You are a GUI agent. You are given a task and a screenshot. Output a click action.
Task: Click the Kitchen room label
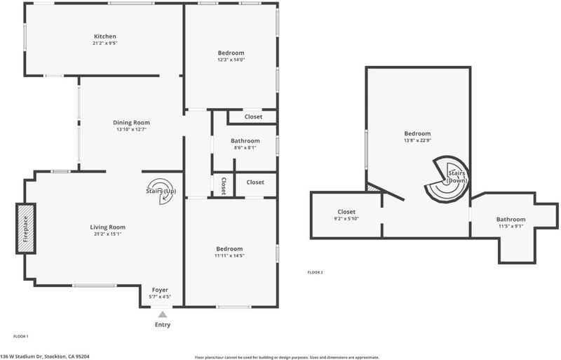[x=104, y=36]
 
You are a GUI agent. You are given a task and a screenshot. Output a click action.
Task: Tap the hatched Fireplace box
[x=26, y=229]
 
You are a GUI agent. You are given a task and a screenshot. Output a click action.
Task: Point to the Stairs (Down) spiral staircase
[x=447, y=178]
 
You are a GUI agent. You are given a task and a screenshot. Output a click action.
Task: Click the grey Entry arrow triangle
[x=163, y=314]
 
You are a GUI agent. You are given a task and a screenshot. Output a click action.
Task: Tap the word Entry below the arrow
[x=163, y=325]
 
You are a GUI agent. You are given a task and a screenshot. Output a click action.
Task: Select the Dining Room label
[x=131, y=123]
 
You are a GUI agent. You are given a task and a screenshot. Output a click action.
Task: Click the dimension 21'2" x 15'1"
[x=108, y=234]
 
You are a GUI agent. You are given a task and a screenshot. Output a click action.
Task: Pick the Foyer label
[x=160, y=290]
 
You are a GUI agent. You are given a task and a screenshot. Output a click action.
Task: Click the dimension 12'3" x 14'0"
[x=231, y=60]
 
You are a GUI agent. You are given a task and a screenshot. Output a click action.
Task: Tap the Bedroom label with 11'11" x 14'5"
[x=229, y=249]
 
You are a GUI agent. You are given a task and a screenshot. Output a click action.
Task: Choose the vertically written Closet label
[x=224, y=186]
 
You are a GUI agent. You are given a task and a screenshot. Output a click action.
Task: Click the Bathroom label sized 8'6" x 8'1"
[x=245, y=141]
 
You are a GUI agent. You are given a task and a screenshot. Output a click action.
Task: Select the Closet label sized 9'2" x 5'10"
[x=346, y=212]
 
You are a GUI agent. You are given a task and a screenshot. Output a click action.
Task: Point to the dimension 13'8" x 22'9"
[x=417, y=140]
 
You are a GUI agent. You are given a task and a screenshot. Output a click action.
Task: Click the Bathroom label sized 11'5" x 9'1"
[x=511, y=219]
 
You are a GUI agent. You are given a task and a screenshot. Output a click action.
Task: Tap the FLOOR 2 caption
[x=315, y=272]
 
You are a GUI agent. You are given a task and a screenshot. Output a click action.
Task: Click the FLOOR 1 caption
[x=21, y=336]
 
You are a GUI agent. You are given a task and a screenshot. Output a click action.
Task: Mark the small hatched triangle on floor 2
[x=370, y=187]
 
